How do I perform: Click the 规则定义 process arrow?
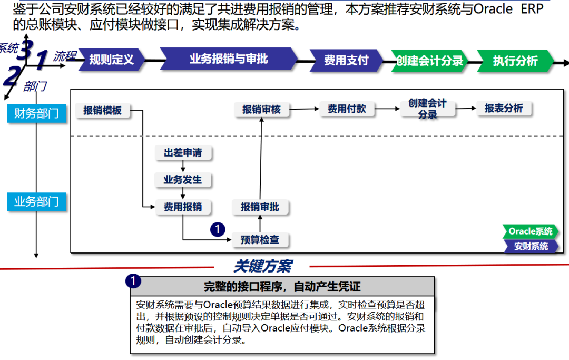tap(111, 60)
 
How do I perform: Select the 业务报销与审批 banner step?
tap(229, 59)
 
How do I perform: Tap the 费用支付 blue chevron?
tap(346, 60)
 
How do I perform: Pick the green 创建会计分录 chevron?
tap(429, 61)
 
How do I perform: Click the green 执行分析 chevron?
tap(515, 61)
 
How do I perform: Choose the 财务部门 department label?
tap(37, 113)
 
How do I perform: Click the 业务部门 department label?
tap(37, 201)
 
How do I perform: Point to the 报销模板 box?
tap(103, 110)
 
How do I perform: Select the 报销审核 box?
tap(261, 110)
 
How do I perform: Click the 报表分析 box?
tap(504, 109)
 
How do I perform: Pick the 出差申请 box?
tap(183, 153)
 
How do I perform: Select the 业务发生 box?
tap(183, 180)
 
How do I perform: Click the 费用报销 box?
tap(183, 207)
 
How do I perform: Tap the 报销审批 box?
tap(260, 207)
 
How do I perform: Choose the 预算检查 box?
tap(260, 240)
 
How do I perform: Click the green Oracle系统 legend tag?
tap(530, 231)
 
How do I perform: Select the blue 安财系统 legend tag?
tap(531, 246)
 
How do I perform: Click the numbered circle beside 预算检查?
tap(218, 229)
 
